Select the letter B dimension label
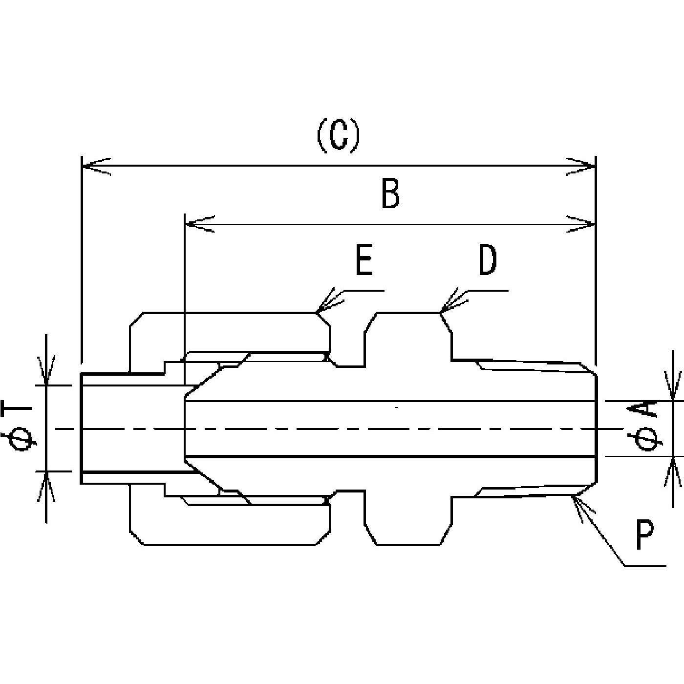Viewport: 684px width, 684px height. pos(390,194)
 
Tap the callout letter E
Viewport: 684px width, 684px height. pos(364,259)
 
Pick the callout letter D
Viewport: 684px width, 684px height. pos(488,259)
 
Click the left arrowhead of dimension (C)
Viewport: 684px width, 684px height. pos(96,166)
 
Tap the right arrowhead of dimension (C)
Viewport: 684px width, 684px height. pos(581,166)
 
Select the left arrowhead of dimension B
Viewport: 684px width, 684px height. pos(200,224)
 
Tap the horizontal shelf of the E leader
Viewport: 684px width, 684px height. pos(364,291)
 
